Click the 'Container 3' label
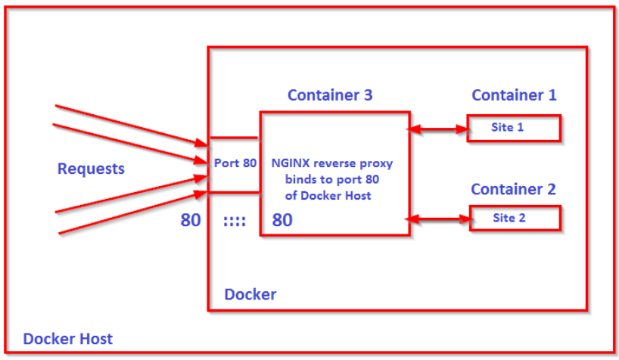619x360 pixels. [x=329, y=95]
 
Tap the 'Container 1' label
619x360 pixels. [x=514, y=95]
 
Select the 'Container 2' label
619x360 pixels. [x=513, y=189]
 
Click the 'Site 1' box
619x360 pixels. [x=514, y=128]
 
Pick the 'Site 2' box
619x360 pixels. [x=515, y=219]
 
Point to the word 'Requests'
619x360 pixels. [x=91, y=169]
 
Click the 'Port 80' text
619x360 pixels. [x=235, y=163]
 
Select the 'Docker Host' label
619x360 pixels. [x=67, y=338]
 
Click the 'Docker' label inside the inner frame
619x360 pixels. [x=250, y=294]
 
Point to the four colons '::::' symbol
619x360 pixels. [x=235, y=222]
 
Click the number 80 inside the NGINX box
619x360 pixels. [x=282, y=221]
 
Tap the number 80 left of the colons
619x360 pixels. [x=191, y=221]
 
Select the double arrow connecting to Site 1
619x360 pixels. [x=438, y=129]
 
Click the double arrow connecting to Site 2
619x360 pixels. [x=438, y=219]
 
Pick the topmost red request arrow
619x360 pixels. [x=129, y=124]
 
